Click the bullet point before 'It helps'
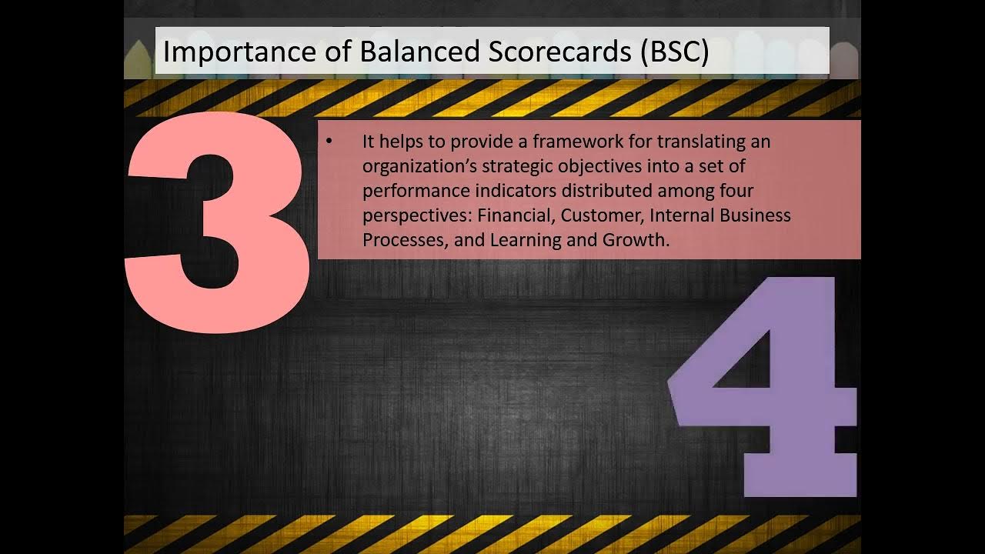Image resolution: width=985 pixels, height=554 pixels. [329, 142]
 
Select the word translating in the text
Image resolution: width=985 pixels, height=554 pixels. [683, 142]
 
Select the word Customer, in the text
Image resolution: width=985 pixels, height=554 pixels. [600, 215]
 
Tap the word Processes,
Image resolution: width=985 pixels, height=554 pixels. [404, 239]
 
